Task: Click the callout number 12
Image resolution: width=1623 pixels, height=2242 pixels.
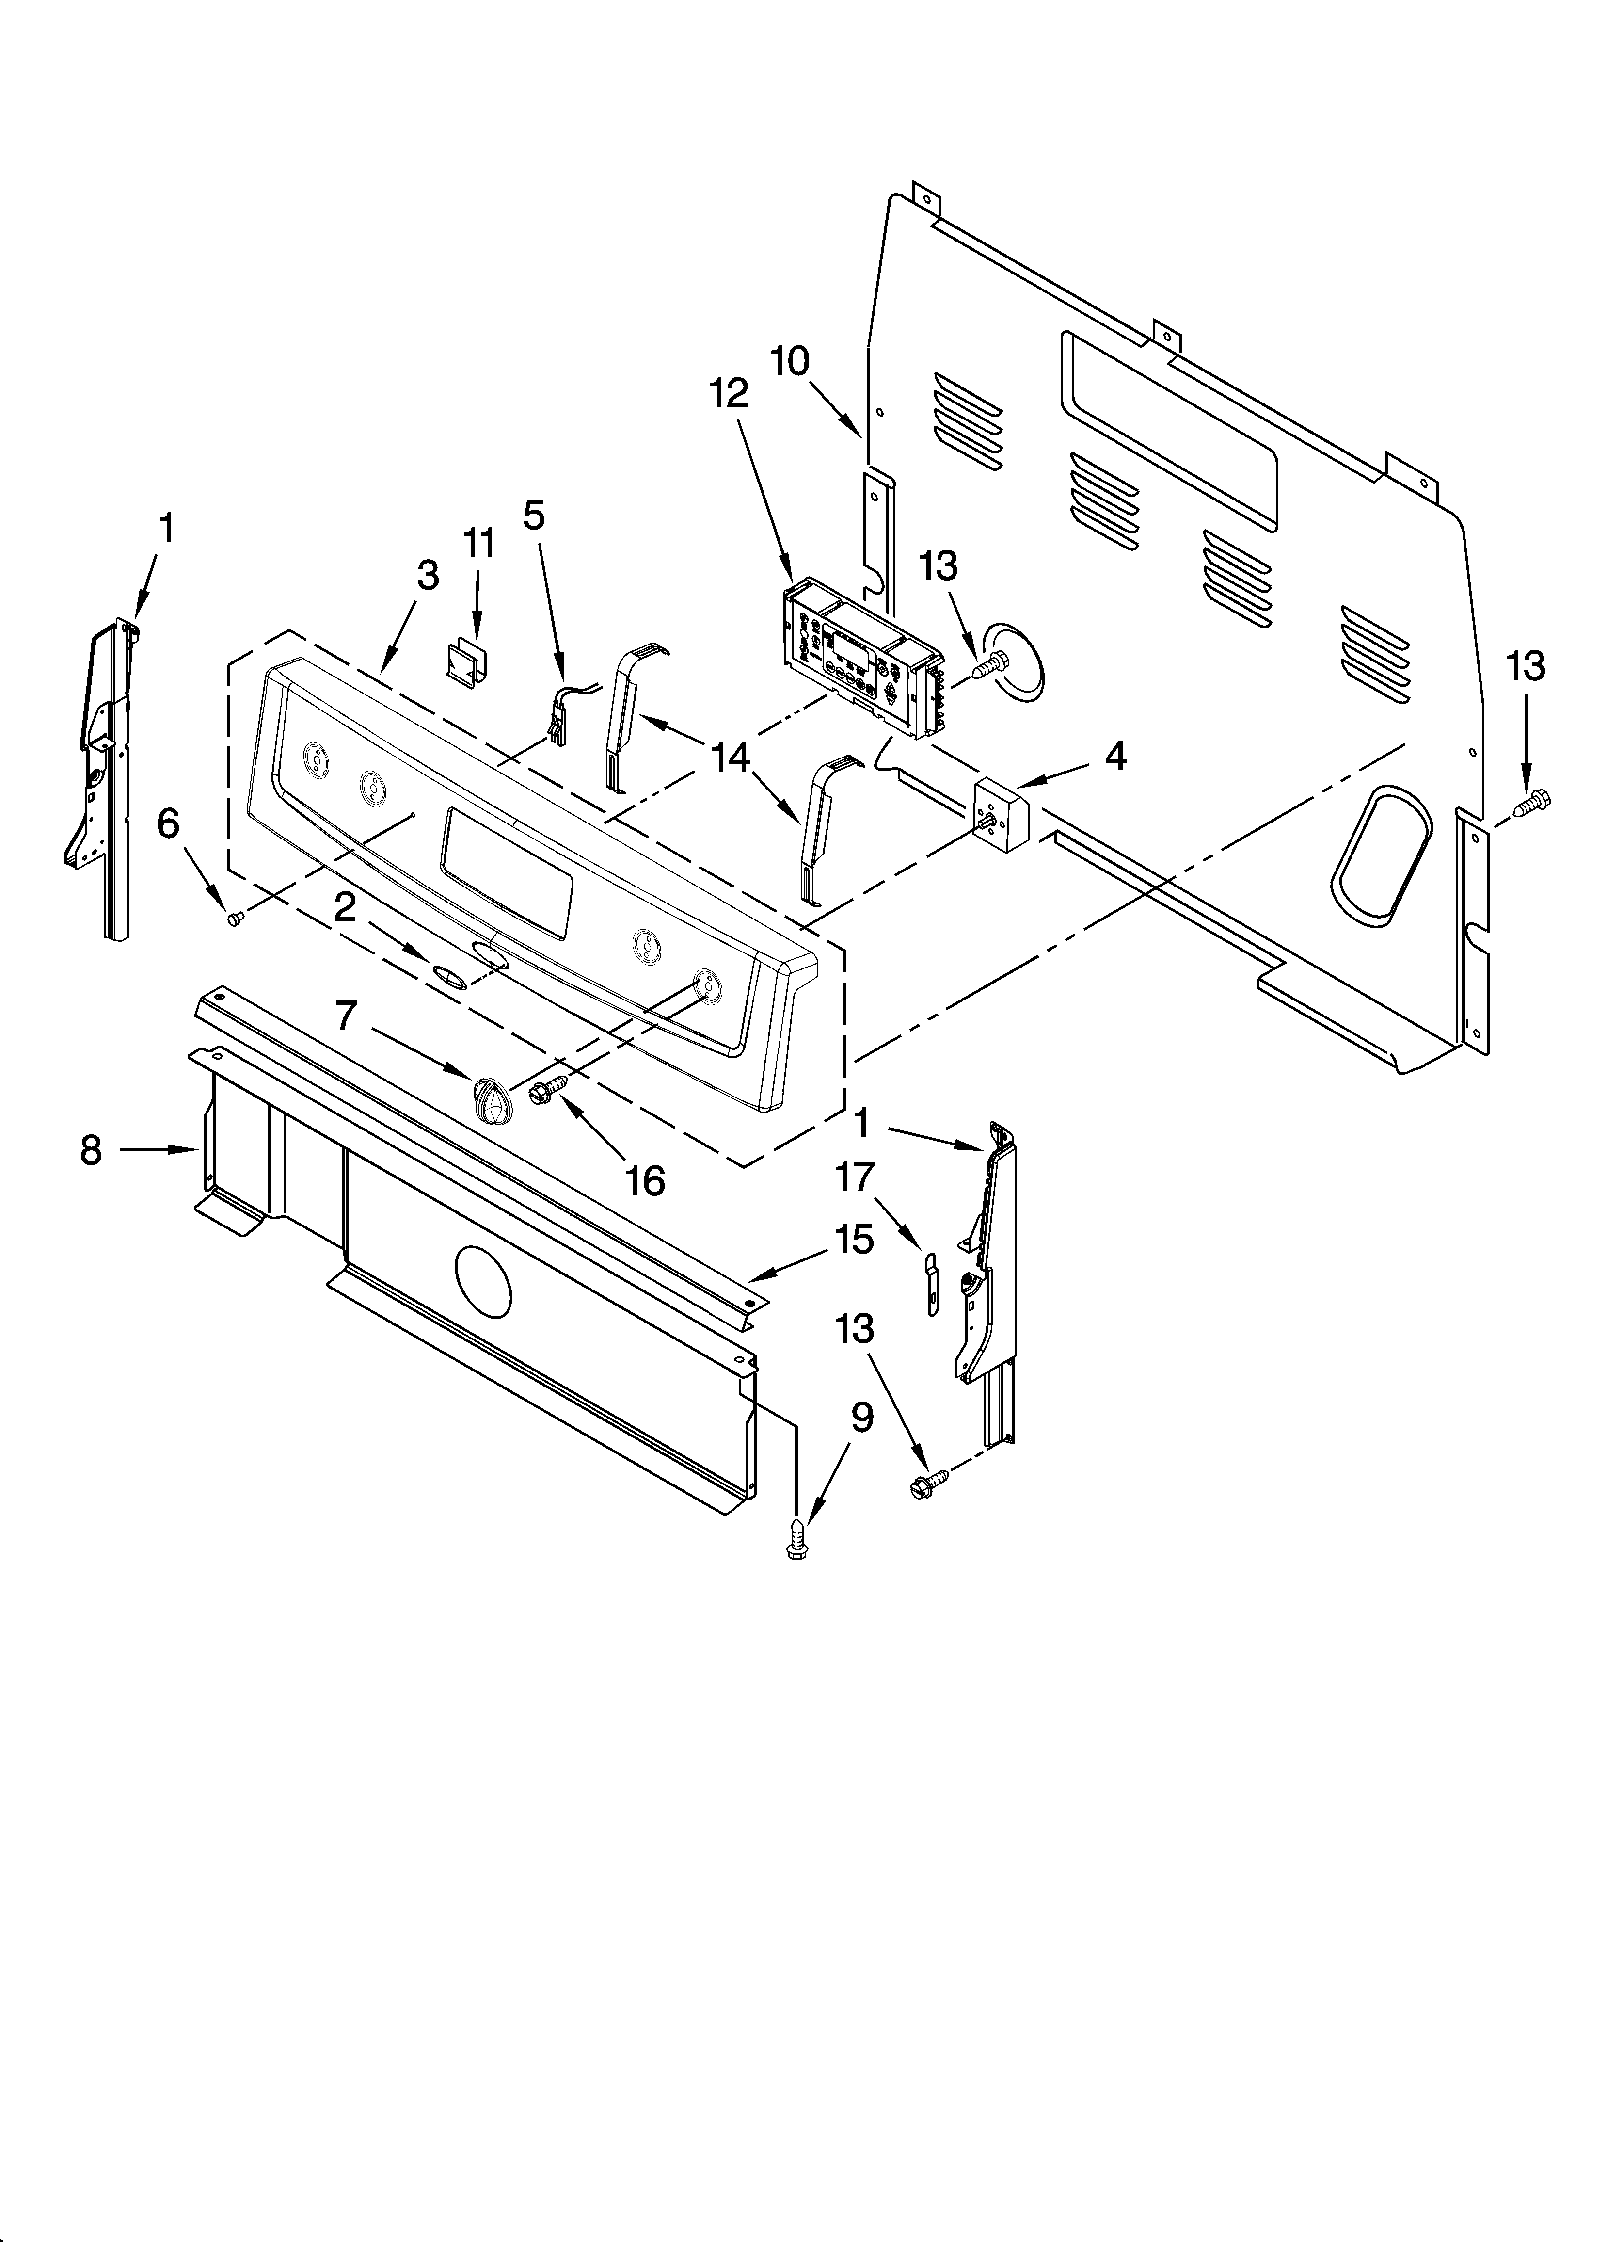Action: tap(729, 394)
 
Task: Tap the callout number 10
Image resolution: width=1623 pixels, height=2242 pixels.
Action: tap(790, 362)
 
